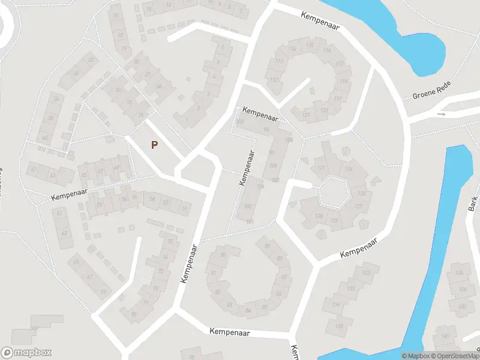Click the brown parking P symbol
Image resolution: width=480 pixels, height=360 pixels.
tap(155, 145)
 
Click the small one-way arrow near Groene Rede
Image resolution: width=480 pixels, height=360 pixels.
tap(442, 113)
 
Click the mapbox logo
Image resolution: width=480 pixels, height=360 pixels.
tap(26, 353)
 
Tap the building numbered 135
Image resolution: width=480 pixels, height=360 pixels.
tap(340, 326)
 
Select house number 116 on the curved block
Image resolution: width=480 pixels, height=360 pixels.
tap(326, 50)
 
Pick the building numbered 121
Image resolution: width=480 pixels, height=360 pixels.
tap(307, 115)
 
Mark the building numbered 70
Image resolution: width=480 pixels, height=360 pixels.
tap(133, 313)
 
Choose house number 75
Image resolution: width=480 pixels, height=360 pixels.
tap(170, 241)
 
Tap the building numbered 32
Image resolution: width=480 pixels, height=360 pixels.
tap(91, 60)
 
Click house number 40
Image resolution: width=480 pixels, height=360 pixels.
tap(44, 138)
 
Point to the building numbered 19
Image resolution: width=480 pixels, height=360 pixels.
tap(124, 49)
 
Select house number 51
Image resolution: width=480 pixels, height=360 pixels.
tap(185, 208)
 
